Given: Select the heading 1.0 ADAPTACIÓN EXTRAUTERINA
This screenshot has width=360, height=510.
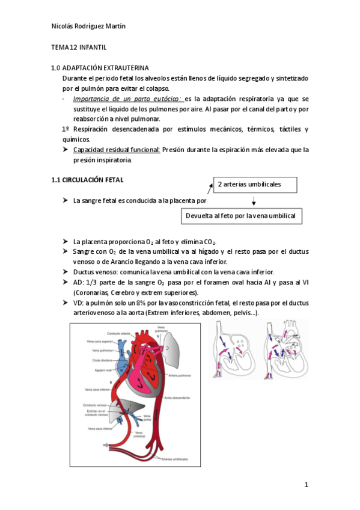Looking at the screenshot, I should [x=100, y=68].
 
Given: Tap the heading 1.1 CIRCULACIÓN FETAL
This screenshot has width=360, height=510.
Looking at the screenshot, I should [x=87, y=179].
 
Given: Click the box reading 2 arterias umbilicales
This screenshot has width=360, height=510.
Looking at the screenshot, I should [x=255, y=184].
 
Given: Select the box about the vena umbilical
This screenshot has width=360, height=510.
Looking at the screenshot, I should [x=240, y=216].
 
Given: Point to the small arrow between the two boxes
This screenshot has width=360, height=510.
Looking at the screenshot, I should [x=254, y=200].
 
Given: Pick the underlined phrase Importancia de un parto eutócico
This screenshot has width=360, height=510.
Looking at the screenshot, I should [x=128, y=99].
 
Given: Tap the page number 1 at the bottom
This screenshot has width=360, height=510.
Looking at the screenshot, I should [x=306, y=484].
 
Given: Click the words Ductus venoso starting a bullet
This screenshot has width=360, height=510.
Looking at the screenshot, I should [x=91, y=272].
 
